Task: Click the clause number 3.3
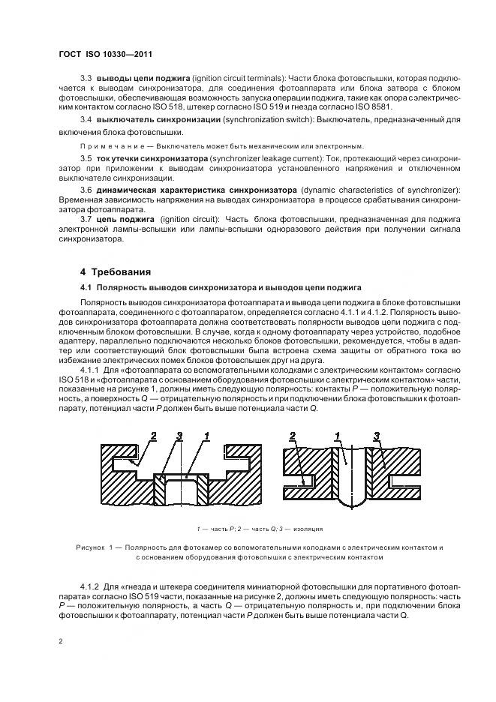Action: [x=86, y=78]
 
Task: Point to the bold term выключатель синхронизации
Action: [x=158, y=120]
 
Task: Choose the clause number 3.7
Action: [x=86, y=218]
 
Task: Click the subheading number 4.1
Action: [x=86, y=287]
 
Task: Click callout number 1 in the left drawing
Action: [x=206, y=436]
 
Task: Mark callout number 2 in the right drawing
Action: [x=293, y=436]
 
